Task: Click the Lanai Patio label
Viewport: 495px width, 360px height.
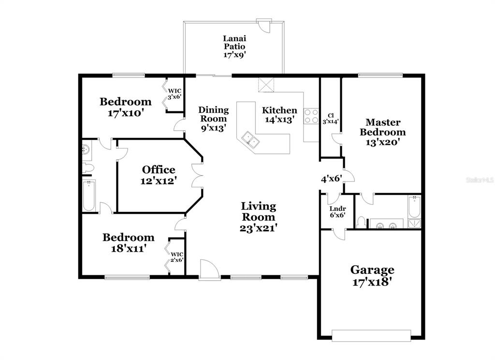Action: tap(234, 43)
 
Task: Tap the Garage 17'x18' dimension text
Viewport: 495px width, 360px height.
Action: tap(372, 282)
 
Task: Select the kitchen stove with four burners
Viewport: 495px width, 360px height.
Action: tap(311, 116)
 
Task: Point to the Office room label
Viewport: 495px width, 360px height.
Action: tap(159, 170)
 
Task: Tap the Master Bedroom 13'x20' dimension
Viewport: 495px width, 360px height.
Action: tap(383, 142)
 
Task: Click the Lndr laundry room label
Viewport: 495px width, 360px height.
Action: tap(337, 209)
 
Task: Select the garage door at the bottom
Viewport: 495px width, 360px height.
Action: tap(371, 336)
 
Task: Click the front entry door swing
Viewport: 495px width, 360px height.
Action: tap(210, 270)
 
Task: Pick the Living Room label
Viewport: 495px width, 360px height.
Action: tap(259, 211)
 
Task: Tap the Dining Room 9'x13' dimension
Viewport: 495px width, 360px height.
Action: tap(214, 128)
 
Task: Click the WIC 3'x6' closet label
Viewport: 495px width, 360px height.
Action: tap(174, 94)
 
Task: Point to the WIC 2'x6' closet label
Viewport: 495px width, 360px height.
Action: tap(177, 257)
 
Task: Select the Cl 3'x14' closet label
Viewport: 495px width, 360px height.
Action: tap(331, 118)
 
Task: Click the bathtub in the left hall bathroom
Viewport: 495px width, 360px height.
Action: tap(89, 195)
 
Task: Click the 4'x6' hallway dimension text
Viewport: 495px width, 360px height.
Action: tap(332, 179)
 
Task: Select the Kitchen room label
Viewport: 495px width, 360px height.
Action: tap(279, 110)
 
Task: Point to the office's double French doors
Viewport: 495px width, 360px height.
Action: tap(197, 176)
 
